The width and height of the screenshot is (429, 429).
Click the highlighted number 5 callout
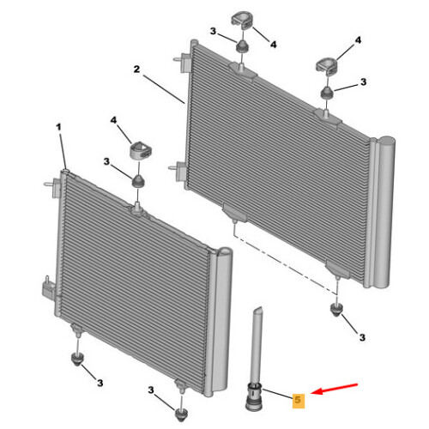298,400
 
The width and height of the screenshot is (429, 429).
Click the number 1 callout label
58,127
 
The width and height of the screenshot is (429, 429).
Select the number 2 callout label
136,69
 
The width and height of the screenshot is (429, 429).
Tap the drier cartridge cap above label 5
254,396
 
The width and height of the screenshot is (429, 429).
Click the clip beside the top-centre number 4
241,21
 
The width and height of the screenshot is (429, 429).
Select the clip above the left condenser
141,150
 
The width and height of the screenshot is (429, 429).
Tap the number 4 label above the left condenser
113,120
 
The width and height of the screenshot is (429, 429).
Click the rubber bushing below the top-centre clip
242,46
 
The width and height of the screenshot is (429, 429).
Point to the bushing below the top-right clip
326,93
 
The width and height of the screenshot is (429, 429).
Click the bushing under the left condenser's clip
138,181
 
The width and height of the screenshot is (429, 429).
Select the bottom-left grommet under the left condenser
77,360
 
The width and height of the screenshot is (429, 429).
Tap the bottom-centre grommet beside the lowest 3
181,414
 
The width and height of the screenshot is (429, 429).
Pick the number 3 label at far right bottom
362,337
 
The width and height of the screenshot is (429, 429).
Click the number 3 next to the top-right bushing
363,82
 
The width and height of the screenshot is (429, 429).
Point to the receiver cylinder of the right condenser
384,213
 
